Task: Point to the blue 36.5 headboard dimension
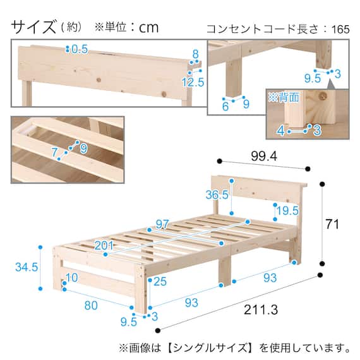(216, 196)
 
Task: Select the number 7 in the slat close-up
(54, 152)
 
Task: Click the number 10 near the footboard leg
(71, 279)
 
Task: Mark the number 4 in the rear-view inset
(280, 131)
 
